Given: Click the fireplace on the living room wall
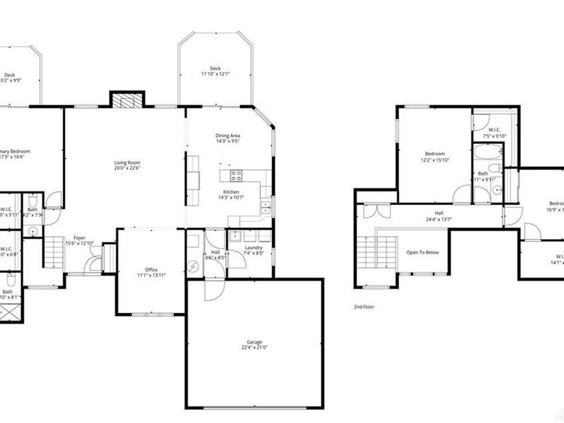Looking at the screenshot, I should pyautogui.click(x=127, y=101).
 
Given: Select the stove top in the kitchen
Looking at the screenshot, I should pyautogui.click(x=235, y=176).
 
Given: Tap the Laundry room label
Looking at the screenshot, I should pyautogui.click(x=254, y=247).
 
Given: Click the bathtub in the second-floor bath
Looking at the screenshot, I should pyautogui.click(x=487, y=153).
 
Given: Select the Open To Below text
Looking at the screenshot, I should pyautogui.click(x=422, y=252).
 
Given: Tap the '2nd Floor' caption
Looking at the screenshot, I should pyautogui.click(x=363, y=307).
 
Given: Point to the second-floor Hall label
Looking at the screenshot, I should pyautogui.click(x=439, y=212).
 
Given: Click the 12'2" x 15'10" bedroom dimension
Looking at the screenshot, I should pyautogui.click(x=434, y=161).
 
